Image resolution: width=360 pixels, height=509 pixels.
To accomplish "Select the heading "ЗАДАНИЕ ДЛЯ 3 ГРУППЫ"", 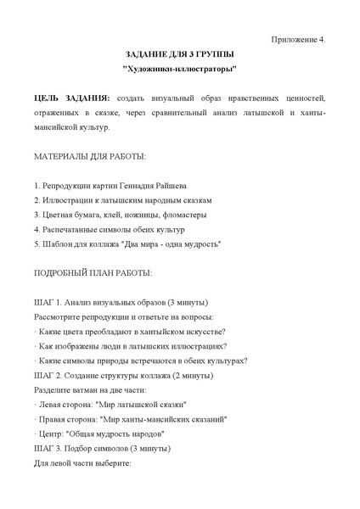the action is pos(179,53).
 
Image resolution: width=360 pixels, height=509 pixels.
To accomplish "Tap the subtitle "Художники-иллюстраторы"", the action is pos(180,69).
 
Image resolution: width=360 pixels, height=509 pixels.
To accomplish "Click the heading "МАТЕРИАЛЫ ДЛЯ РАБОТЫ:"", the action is pos(89,157).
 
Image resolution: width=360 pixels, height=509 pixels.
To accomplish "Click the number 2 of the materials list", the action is pos(37,201).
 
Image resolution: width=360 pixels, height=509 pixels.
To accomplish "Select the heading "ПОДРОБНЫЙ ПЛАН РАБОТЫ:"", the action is pos(93,273).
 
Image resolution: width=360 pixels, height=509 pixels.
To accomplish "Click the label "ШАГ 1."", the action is pos(48,303).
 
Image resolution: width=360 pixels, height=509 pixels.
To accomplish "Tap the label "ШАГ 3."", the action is pos(48,447).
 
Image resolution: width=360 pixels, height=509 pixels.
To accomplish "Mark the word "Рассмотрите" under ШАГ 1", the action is pos(59,317).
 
